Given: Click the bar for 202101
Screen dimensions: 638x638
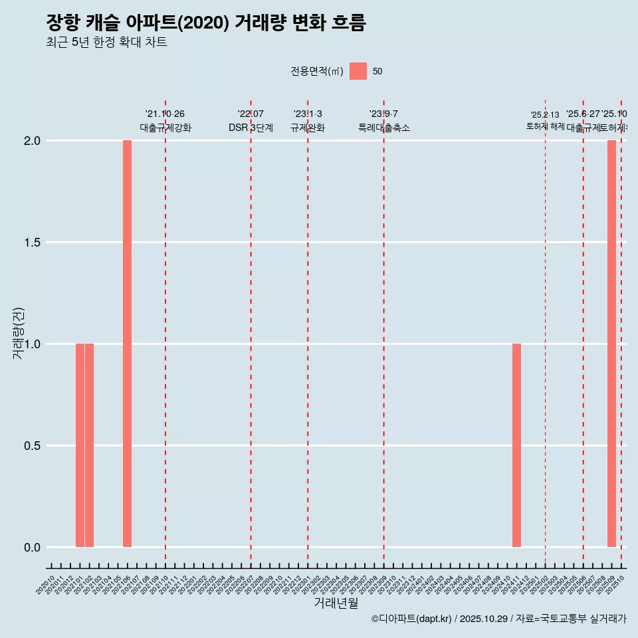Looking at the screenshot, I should click(80, 445).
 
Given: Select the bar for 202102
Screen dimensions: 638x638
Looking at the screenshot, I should click(89, 445).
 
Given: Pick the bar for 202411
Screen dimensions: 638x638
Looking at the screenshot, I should click(516, 445).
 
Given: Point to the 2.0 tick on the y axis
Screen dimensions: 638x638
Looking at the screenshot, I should click(33, 141).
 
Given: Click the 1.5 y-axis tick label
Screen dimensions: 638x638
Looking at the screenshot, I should click(33, 243).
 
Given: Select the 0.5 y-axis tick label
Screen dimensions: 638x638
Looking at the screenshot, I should click(33, 446).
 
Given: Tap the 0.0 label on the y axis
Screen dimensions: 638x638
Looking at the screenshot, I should click(33, 548).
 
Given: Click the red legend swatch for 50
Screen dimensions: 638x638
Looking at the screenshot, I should click(358, 71).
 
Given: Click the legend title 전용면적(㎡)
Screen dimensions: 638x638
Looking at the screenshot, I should click(316, 72).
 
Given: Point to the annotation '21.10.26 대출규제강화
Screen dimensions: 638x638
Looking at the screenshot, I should click(165, 121).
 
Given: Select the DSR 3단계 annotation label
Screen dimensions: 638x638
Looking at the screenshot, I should click(251, 128).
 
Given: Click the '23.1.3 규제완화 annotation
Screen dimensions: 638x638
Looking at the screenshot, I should click(308, 121).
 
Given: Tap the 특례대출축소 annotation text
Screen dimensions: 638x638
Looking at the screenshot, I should click(383, 128).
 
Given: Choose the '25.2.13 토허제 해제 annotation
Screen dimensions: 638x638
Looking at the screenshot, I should click(545, 120).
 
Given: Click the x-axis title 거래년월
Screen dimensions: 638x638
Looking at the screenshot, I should click(336, 603).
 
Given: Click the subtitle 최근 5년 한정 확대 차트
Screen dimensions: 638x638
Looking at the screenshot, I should click(106, 43).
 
